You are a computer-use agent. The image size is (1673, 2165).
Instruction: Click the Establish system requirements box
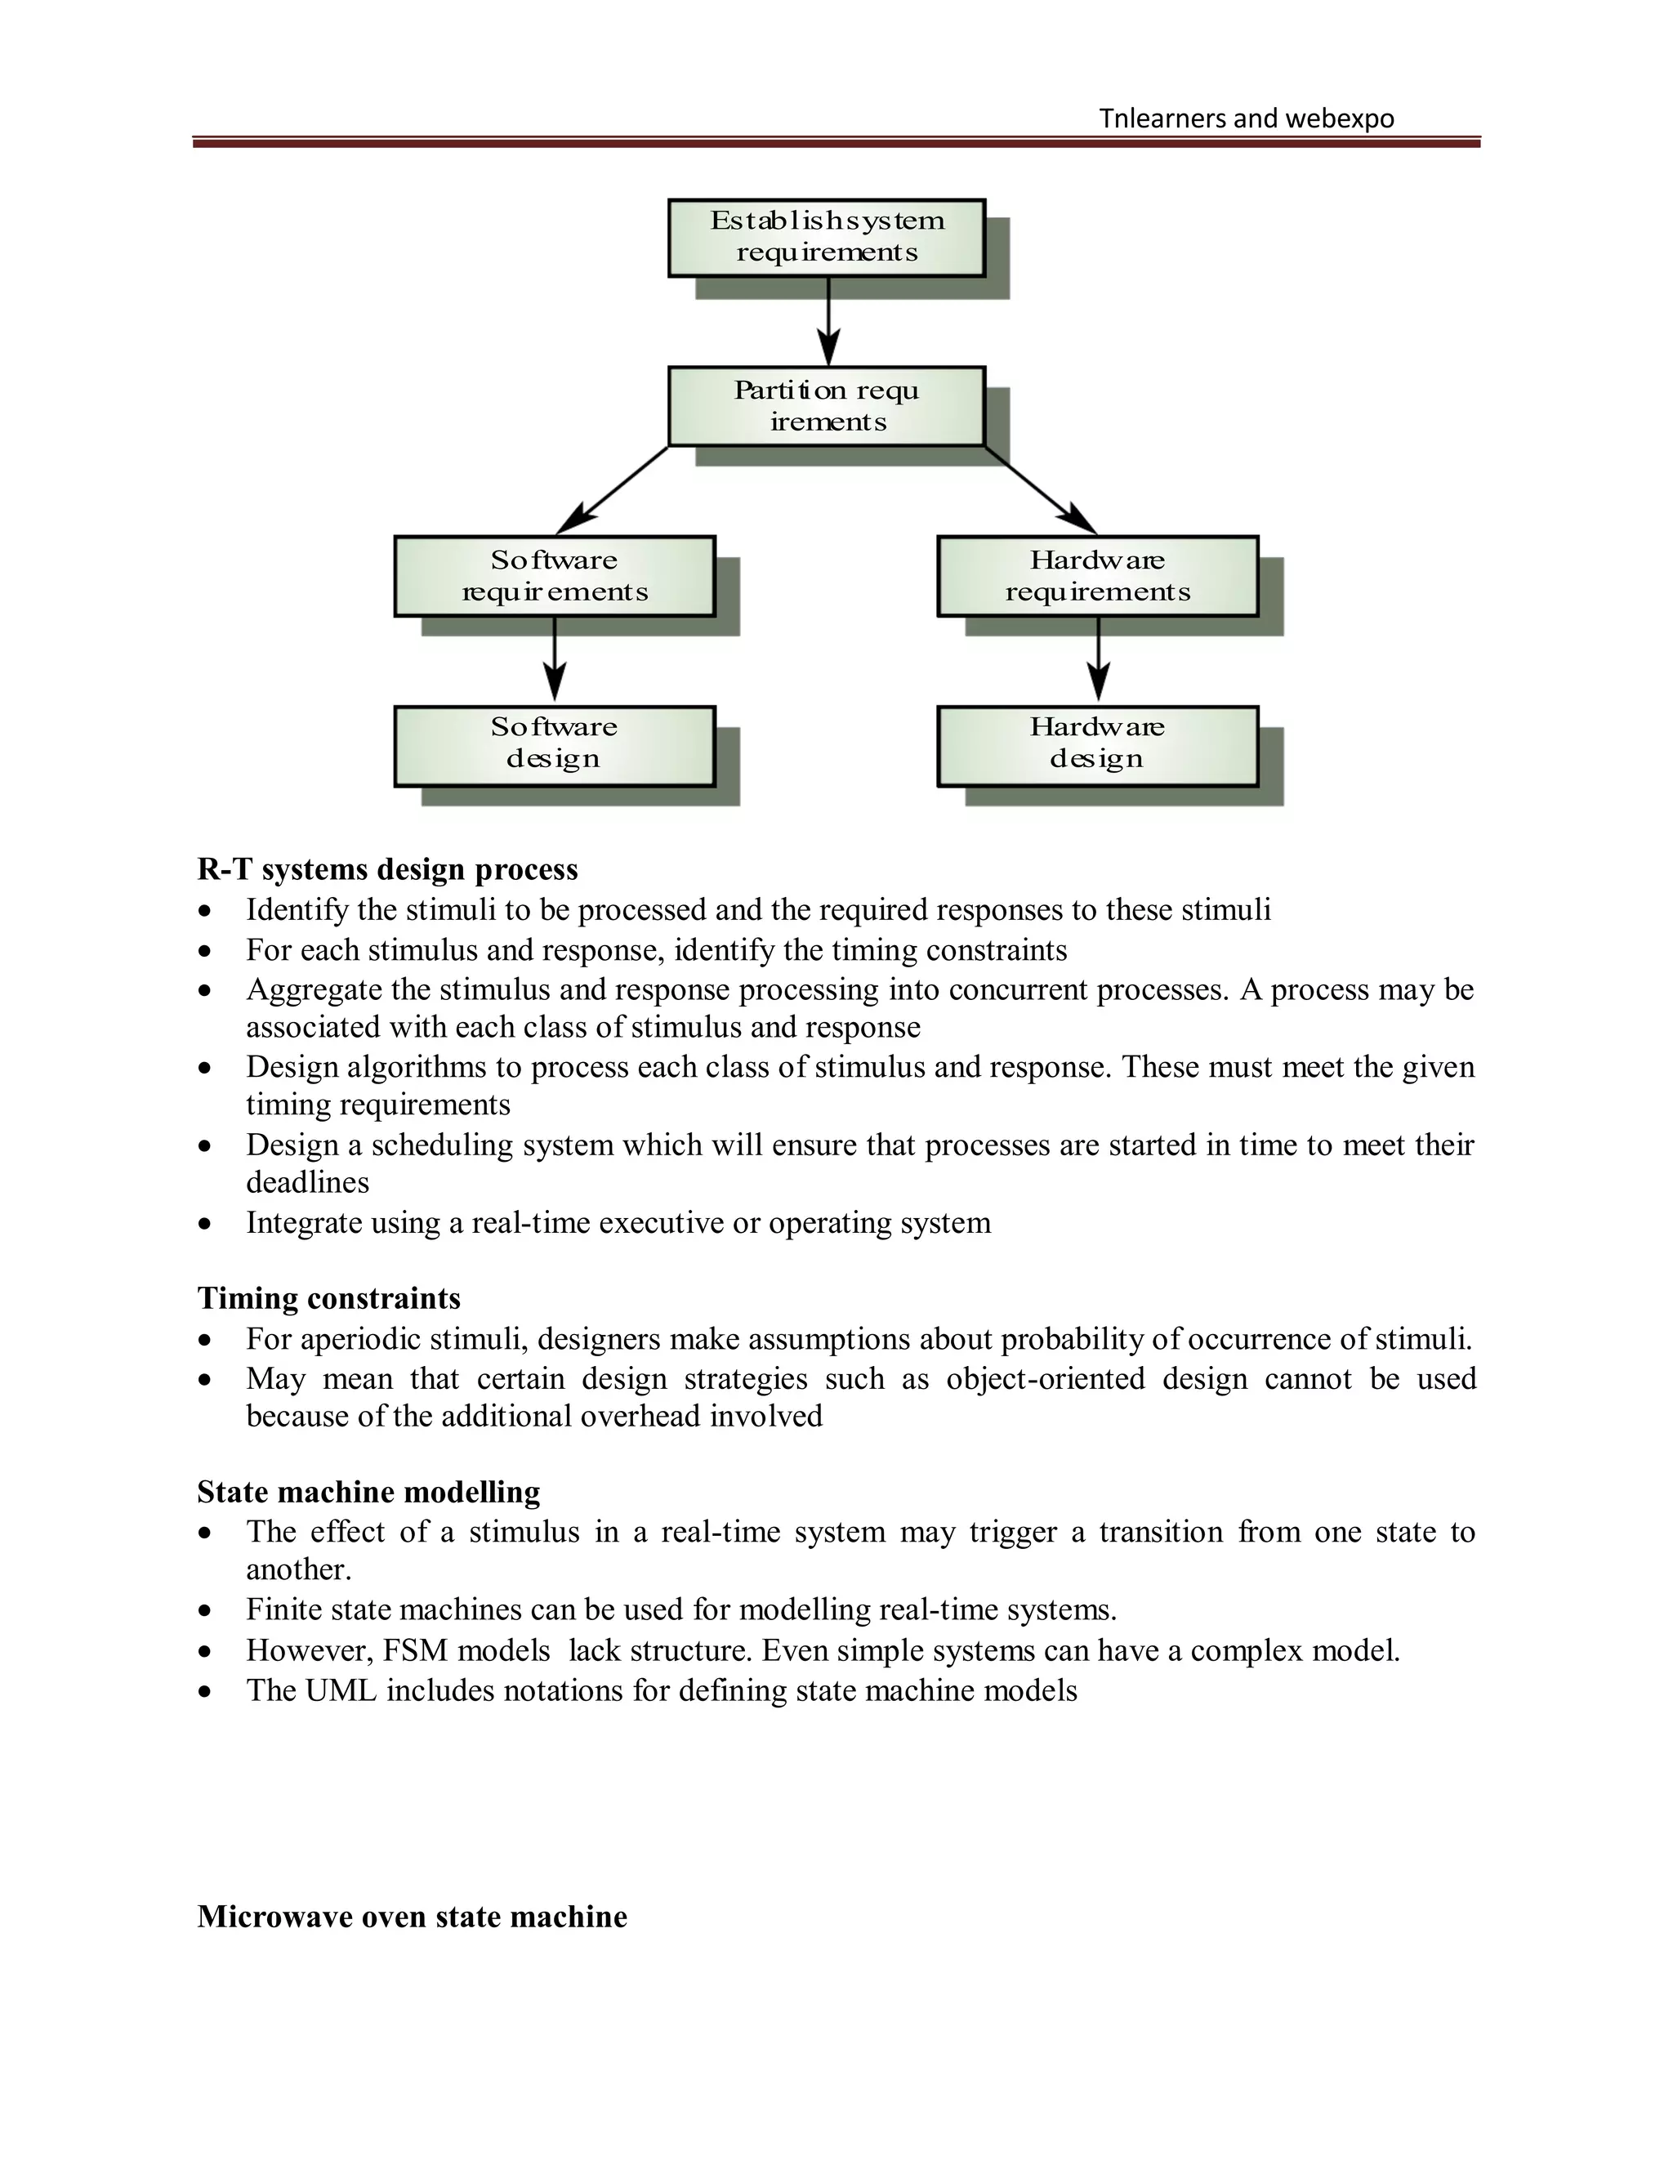tap(826, 237)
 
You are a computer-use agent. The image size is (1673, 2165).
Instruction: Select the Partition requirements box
tap(826, 405)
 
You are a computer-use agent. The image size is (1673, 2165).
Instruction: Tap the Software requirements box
tap(554, 576)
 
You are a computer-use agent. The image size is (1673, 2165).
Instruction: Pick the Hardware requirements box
tap(1097, 576)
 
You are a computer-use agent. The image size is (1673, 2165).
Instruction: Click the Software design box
tap(554, 745)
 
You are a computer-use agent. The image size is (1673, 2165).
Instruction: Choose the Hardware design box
tap(1097, 745)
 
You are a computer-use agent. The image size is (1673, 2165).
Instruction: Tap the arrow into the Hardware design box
tap(1098, 659)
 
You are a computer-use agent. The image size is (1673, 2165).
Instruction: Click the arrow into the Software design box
tap(555, 659)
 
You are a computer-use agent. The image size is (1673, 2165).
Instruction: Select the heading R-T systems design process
tap(387, 869)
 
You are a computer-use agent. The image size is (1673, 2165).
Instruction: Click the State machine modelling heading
tap(368, 1492)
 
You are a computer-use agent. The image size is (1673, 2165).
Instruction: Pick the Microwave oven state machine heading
tap(413, 1916)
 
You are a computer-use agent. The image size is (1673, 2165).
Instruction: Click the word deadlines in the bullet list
tap(307, 1183)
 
